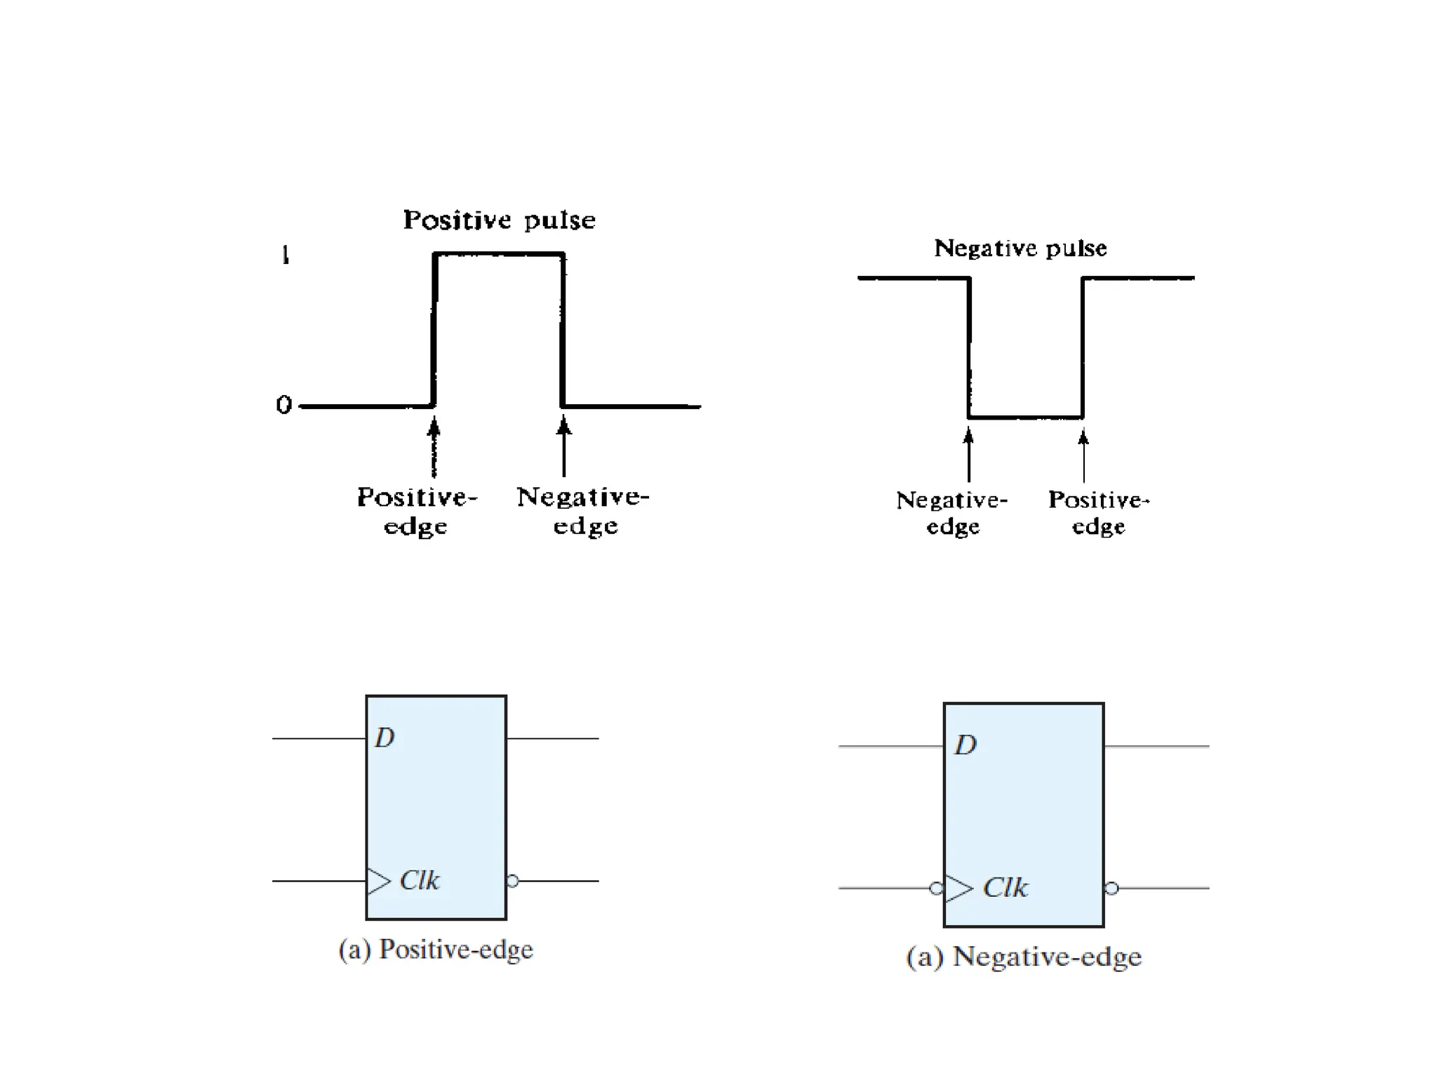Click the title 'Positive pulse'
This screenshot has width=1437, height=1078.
pos(499,220)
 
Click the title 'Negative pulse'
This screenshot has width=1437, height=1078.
pos(1020,248)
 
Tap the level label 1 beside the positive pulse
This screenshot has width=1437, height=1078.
pos(285,255)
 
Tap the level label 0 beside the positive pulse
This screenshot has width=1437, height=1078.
pos(283,405)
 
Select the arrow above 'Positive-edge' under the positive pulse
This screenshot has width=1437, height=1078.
pos(434,446)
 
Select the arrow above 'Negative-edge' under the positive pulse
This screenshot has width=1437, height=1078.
pos(563,446)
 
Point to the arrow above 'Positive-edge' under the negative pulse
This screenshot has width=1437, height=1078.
pos(1083,456)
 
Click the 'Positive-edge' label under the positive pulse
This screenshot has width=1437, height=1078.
pos(417,511)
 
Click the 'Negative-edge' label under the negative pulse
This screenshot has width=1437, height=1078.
pos(952,513)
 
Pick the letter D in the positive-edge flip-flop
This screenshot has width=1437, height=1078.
pos(385,738)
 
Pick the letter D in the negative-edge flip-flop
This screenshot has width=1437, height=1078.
pos(965,745)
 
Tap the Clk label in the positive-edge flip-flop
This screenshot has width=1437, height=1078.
pos(419,880)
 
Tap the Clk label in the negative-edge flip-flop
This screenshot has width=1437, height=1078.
pos(1005,888)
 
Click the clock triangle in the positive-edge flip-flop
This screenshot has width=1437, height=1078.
pos(378,881)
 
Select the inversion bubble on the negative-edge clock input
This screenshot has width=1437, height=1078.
pos(936,889)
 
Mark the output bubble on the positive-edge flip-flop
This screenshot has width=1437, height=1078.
pos(513,881)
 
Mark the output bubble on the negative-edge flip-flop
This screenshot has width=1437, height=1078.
pos(1111,889)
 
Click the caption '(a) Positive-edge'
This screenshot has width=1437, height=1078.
pos(436,950)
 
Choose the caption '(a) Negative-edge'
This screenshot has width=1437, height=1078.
pos(1024,957)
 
